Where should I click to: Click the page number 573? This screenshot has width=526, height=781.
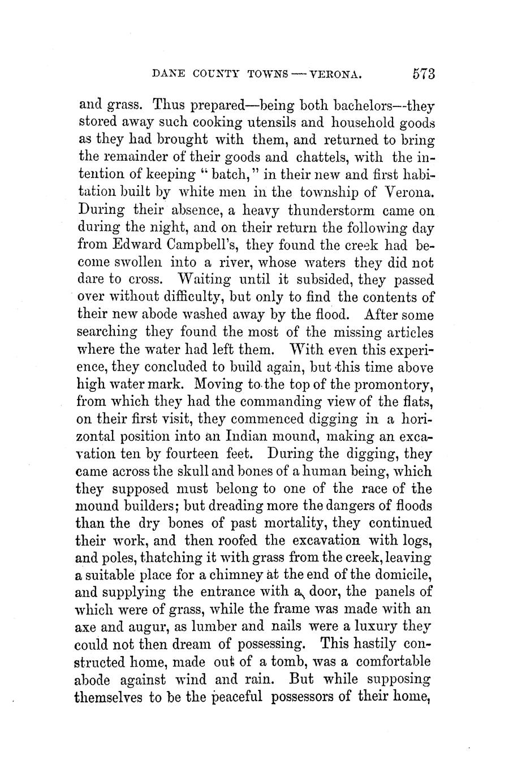click(x=423, y=74)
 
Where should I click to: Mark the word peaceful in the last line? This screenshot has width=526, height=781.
click(x=230, y=696)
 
